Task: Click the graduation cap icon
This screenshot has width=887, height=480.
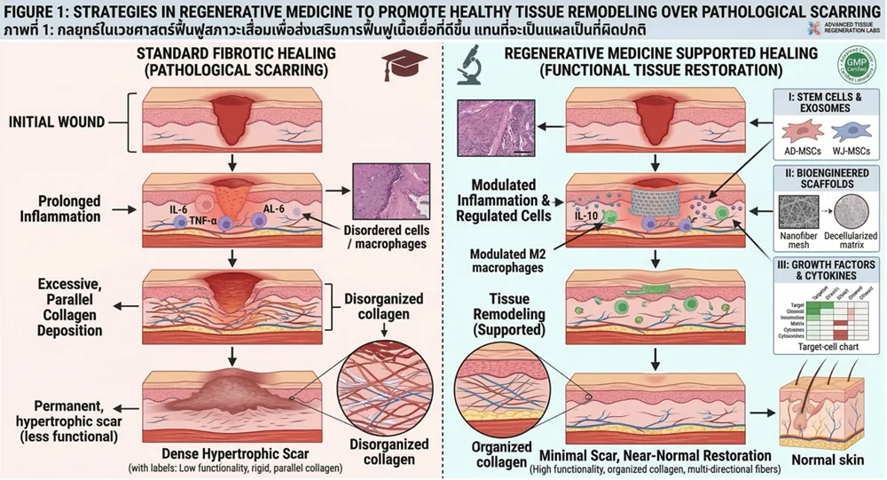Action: [397, 64]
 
